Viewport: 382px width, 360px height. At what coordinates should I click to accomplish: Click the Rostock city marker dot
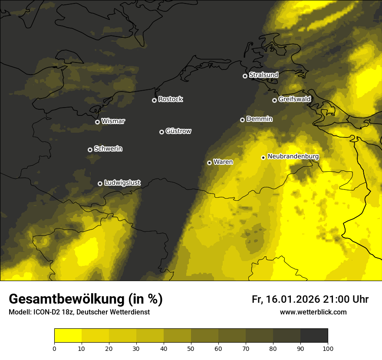(x=154, y=100)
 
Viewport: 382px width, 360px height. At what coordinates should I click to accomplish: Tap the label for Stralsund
(x=263, y=75)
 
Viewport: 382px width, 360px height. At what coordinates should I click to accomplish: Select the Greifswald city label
(x=294, y=99)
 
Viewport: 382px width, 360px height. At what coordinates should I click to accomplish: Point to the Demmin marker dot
(x=242, y=120)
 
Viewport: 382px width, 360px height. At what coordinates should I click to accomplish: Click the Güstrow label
(x=178, y=131)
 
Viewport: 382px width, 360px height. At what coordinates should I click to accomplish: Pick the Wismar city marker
(x=97, y=122)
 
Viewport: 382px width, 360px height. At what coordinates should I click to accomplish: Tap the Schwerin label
(x=108, y=149)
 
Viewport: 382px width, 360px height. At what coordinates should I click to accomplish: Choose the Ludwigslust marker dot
(x=100, y=183)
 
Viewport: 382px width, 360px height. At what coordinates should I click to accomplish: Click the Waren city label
(x=223, y=162)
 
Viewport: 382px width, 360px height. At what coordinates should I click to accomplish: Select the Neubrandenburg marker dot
(x=263, y=157)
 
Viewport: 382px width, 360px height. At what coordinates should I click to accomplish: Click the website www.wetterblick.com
(x=313, y=312)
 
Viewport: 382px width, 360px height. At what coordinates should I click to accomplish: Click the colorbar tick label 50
(x=191, y=348)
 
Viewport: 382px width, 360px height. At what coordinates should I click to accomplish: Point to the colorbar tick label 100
(x=328, y=348)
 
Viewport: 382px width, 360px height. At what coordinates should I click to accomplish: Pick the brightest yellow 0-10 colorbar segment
(x=68, y=335)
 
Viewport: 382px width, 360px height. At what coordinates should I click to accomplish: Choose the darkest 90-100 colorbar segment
(x=314, y=335)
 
